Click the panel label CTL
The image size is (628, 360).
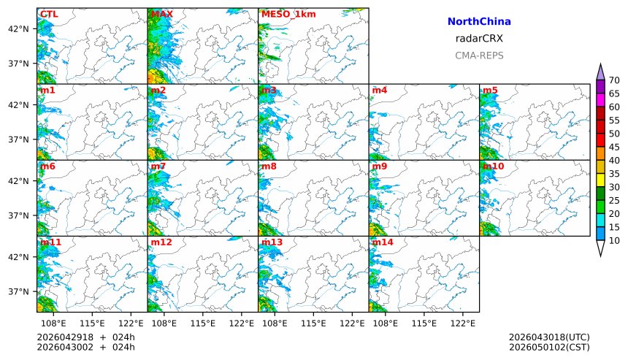49,14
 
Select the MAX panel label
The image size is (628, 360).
161,14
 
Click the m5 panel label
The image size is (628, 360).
490,90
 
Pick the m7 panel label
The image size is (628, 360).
158,166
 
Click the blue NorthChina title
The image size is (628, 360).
479,22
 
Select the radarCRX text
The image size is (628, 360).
479,39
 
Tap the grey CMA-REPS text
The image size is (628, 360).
479,55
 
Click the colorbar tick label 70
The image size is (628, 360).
614,80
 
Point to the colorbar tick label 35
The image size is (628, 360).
614,174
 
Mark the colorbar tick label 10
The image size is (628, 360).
614,240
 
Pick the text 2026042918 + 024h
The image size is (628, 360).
85,337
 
